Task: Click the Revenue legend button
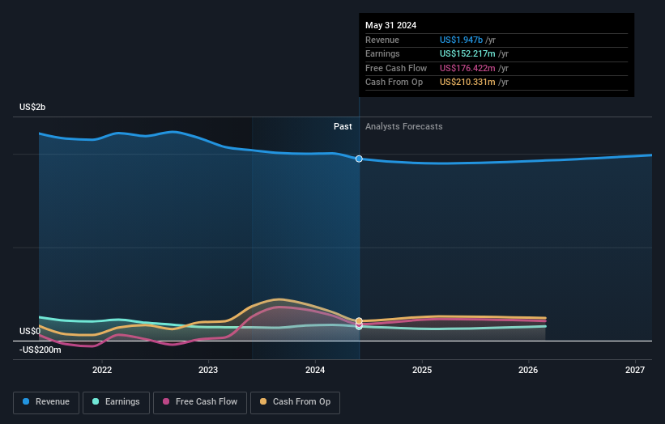point(46,401)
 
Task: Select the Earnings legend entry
point(116,401)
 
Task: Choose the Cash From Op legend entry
point(295,401)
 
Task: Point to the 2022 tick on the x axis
point(102,371)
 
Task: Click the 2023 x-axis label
point(208,371)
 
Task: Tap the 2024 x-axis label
point(315,371)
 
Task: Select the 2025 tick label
point(422,371)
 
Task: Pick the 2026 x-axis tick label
point(528,371)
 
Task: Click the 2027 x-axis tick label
point(635,371)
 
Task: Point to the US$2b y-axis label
point(33,108)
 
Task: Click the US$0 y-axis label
point(30,331)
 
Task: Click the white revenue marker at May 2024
point(359,159)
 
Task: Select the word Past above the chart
point(343,126)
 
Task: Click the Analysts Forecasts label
point(404,126)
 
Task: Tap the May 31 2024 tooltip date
point(390,25)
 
